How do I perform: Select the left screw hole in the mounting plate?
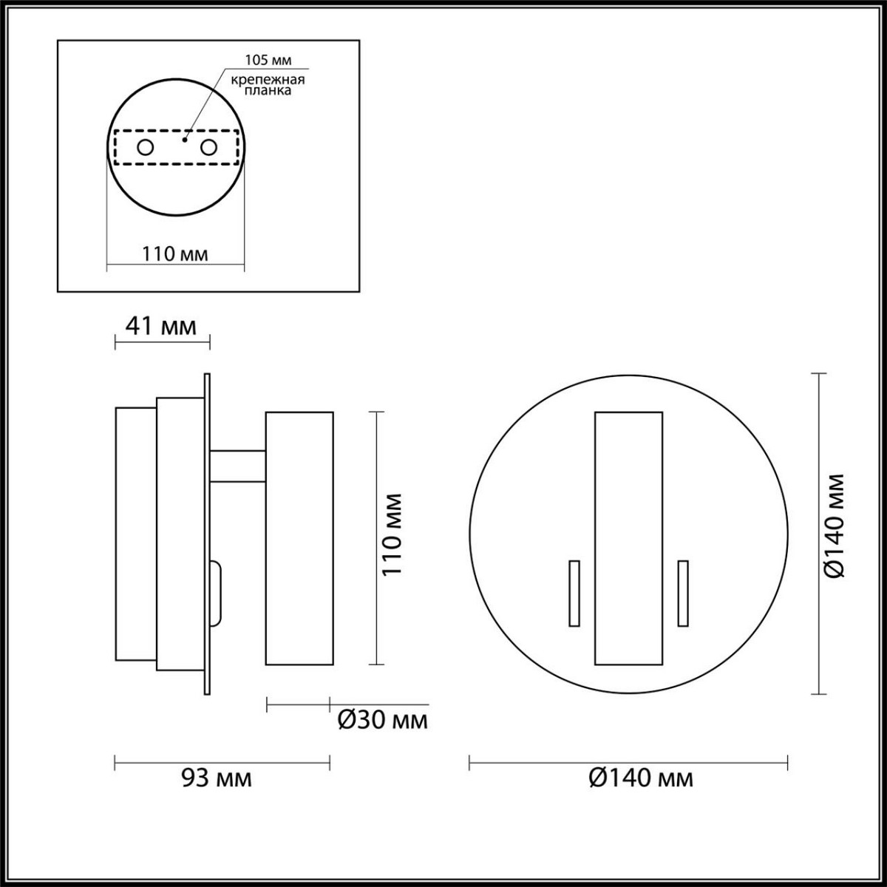(145, 148)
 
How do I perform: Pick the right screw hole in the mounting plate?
(209, 148)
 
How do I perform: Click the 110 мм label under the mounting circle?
(174, 254)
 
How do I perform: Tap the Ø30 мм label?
(382, 720)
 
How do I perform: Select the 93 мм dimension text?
(217, 778)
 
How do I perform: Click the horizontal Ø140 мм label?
(642, 778)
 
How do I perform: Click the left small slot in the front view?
(574, 594)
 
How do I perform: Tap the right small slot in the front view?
(683, 594)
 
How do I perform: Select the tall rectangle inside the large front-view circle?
(628, 538)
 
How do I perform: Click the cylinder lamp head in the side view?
(299, 538)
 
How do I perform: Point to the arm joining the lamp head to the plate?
(238, 466)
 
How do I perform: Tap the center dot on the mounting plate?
(186, 138)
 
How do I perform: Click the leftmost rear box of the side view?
(135, 534)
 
